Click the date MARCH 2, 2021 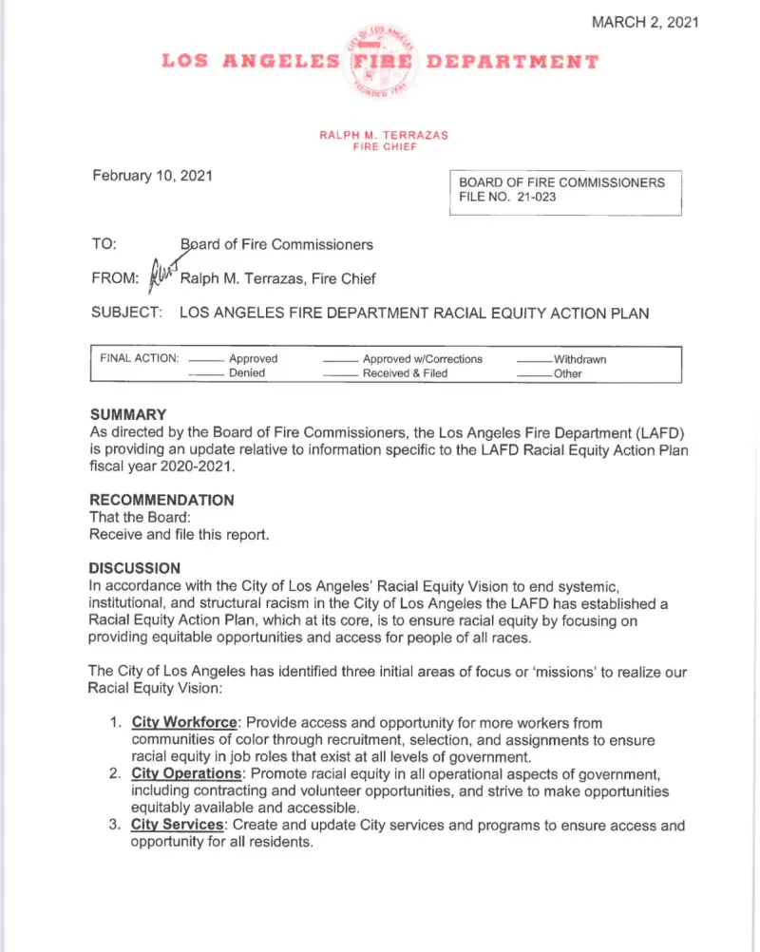(x=645, y=22)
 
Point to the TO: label (x=104, y=244)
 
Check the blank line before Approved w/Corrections (x=341, y=360)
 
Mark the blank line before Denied (x=206, y=374)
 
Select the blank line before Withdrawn (x=534, y=360)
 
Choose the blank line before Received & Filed (x=341, y=374)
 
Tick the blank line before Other (x=534, y=374)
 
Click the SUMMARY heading (x=128, y=414)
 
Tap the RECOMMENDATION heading (x=161, y=500)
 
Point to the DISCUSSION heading (x=134, y=568)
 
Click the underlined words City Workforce (x=184, y=723)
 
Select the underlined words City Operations (x=186, y=774)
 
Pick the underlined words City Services (x=177, y=826)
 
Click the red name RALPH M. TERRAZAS (x=384, y=135)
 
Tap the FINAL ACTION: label (x=140, y=359)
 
